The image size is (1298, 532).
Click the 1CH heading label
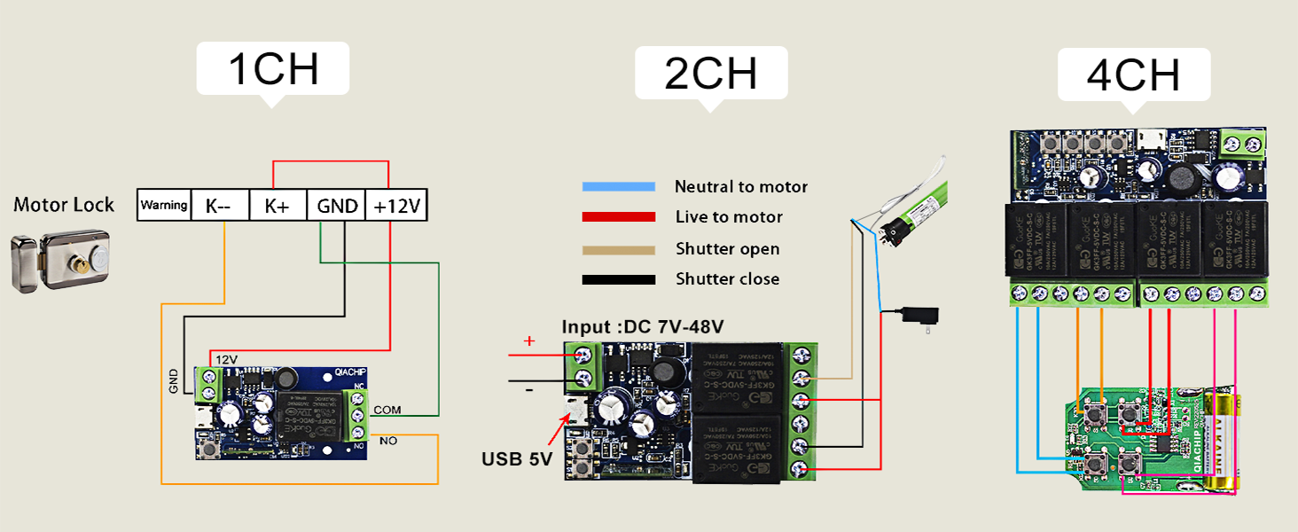point(273,69)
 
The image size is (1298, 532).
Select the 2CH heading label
point(711,74)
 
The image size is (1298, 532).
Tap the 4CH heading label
point(1133,75)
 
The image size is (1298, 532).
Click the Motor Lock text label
point(64,205)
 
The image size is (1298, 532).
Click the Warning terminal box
point(164,206)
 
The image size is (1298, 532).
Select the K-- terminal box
point(220,206)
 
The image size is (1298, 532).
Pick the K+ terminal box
point(277,206)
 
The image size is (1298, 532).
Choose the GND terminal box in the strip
point(335,206)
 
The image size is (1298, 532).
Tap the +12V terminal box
point(396,206)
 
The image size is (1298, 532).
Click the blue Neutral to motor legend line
point(618,187)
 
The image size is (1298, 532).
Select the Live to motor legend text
point(729,217)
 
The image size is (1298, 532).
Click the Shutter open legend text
point(727,249)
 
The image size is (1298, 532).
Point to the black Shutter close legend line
point(618,280)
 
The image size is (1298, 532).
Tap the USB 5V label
point(517,459)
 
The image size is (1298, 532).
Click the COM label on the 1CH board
point(387,410)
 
